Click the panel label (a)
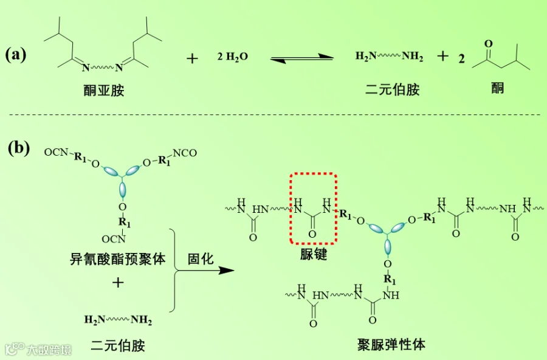click(16, 55)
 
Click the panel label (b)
click(19, 147)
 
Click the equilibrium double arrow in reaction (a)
click(302, 58)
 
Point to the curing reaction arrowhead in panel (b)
click(227, 269)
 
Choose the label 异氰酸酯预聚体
click(118, 259)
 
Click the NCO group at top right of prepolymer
click(185, 153)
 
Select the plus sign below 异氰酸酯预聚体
click(118, 283)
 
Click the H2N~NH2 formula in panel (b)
click(119, 320)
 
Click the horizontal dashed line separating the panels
click(273, 114)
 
